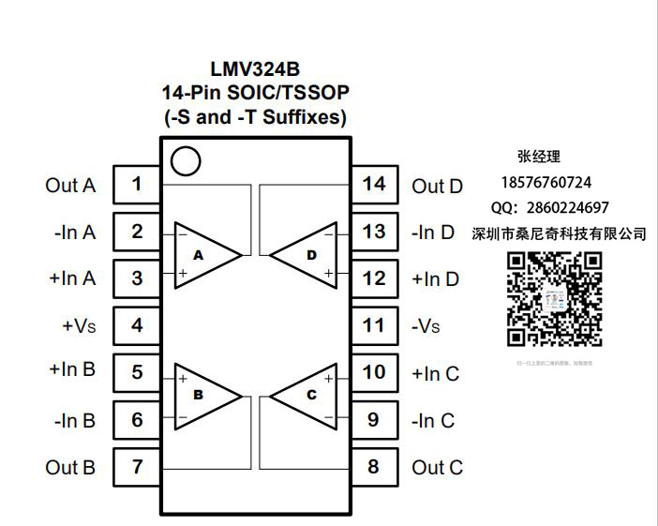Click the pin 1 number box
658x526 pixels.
click(137, 185)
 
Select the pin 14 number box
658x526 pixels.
click(374, 185)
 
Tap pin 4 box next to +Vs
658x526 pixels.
click(137, 325)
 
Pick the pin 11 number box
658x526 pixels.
click(374, 325)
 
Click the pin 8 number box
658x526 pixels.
click(374, 466)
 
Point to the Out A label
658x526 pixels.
click(70, 186)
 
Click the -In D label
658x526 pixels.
click(433, 233)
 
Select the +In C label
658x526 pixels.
click(435, 373)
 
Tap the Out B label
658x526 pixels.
click(70, 467)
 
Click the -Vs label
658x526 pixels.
click(426, 326)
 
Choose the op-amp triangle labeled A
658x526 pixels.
click(204, 254)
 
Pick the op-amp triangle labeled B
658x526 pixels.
click(204, 395)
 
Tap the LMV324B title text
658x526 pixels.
click(255, 69)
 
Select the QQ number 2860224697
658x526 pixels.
click(568, 207)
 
